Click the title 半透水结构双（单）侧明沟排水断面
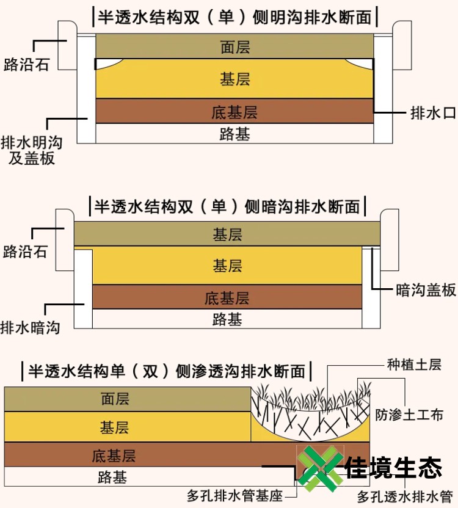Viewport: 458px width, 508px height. pyautogui.click(x=234, y=16)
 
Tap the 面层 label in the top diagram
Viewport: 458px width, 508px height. pyautogui.click(x=235, y=46)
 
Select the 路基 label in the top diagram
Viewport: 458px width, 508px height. pyautogui.click(x=235, y=134)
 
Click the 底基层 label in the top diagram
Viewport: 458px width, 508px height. pyautogui.click(x=235, y=112)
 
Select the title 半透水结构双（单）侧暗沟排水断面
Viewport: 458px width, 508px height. pyautogui.click(x=227, y=206)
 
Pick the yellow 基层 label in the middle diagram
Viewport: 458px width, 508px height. pyautogui.click(x=227, y=266)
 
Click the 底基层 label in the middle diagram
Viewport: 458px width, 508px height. pyautogui.click(x=227, y=298)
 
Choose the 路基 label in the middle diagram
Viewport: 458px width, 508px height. pyautogui.click(x=227, y=319)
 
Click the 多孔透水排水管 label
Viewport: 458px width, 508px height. pyautogui.click(x=405, y=497)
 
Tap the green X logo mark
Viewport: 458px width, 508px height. pyautogui.click(x=319, y=469)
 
